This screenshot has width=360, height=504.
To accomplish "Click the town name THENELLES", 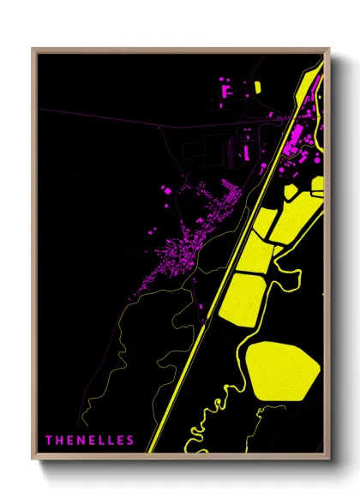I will click(x=90, y=441).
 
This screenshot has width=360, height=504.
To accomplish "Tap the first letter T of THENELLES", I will click(x=49, y=441).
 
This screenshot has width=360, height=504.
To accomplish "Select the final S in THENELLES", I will click(x=131, y=441).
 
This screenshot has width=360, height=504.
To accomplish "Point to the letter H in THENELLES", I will click(x=59, y=441).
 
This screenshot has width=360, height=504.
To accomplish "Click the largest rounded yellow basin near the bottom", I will click(x=282, y=369).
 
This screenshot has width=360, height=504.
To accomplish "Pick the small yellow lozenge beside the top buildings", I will click(x=257, y=87).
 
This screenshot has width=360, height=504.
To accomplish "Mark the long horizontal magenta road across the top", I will click(x=129, y=123).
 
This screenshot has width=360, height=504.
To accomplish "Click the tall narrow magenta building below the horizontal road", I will click(x=246, y=153).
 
